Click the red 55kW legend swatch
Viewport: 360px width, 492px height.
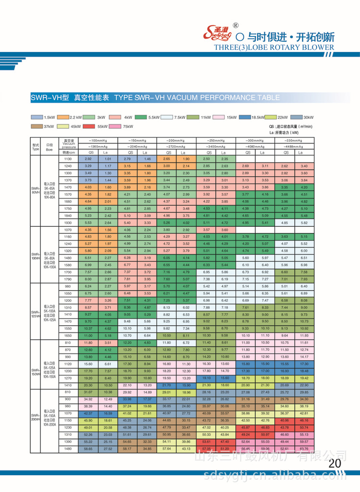coord(90,126)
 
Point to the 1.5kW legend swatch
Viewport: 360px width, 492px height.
coord(37,117)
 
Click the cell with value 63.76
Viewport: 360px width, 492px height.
coord(304,449)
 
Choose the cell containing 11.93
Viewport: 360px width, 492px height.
coord(304,335)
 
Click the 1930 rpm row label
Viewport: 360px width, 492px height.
coord(68,223)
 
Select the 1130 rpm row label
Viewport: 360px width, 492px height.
coord(68,159)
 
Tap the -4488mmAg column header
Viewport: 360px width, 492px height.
coord(294,146)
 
